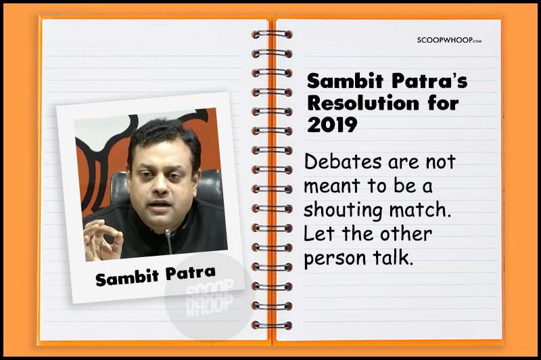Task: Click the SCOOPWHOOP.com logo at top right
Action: (x=449, y=40)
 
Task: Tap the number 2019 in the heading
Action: (x=332, y=125)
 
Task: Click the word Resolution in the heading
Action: (x=362, y=103)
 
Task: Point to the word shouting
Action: (x=343, y=210)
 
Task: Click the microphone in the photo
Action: (x=168, y=241)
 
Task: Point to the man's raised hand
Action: (x=103, y=240)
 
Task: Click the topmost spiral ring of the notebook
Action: (x=272, y=34)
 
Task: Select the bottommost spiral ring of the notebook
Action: (x=272, y=325)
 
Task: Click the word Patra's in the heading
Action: (x=429, y=81)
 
